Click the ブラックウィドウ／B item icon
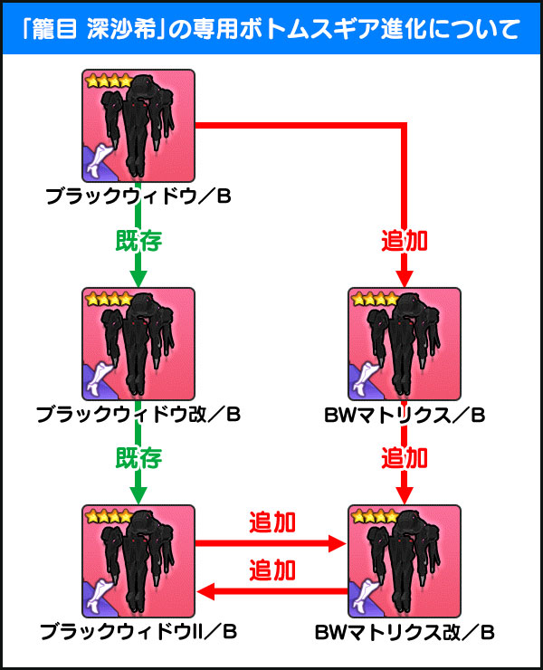click(138, 126)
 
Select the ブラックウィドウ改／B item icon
click(138, 344)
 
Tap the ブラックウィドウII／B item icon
click(138, 561)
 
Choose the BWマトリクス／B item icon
click(405, 344)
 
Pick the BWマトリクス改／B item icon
click(405, 561)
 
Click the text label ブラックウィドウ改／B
click(138, 415)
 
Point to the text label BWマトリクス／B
click(405, 415)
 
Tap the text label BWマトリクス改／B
click(405, 633)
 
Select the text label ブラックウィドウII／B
click(138, 632)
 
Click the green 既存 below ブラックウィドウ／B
click(138, 241)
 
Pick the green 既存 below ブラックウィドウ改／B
click(138, 458)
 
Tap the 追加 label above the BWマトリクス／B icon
click(405, 241)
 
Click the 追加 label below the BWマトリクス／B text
click(405, 458)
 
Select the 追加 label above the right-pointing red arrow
click(272, 522)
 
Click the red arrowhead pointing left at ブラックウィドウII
click(206, 592)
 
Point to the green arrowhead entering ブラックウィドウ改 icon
click(138, 279)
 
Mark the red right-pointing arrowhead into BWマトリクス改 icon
click(337, 543)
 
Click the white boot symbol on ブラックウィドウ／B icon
click(100, 160)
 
